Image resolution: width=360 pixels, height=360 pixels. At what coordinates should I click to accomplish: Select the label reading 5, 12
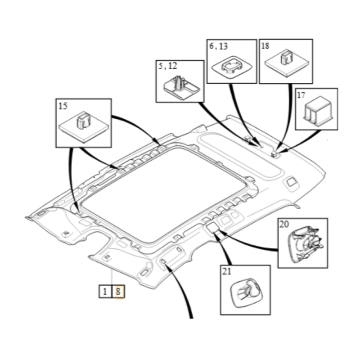[168, 66]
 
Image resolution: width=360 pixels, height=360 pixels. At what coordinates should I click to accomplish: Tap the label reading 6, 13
[219, 46]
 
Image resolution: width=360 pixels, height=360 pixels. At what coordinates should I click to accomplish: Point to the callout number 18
[265, 46]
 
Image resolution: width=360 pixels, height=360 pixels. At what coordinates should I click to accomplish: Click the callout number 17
[301, 95]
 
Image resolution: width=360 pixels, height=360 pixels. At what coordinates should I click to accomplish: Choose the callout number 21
[226, 271]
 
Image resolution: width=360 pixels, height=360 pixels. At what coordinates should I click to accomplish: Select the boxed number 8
[118, 292]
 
